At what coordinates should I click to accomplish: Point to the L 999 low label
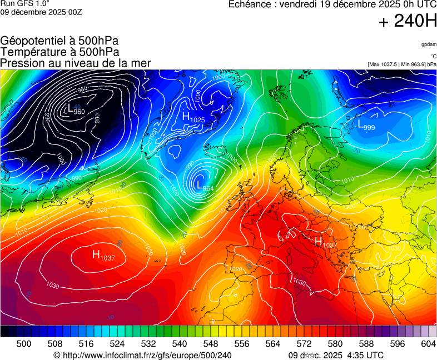(366, 125)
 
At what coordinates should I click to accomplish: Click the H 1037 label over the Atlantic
(103, 256)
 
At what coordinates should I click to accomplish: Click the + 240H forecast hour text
(408, 22)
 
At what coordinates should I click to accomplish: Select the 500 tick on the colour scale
(24, 344)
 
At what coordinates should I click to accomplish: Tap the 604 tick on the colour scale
(428, 344)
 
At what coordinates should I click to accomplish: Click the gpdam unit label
(429, 44)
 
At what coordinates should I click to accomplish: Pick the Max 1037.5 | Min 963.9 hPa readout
(402, 64)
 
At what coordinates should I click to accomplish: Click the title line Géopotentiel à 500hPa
(59, 41)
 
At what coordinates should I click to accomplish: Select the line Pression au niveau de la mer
(76, 63)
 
